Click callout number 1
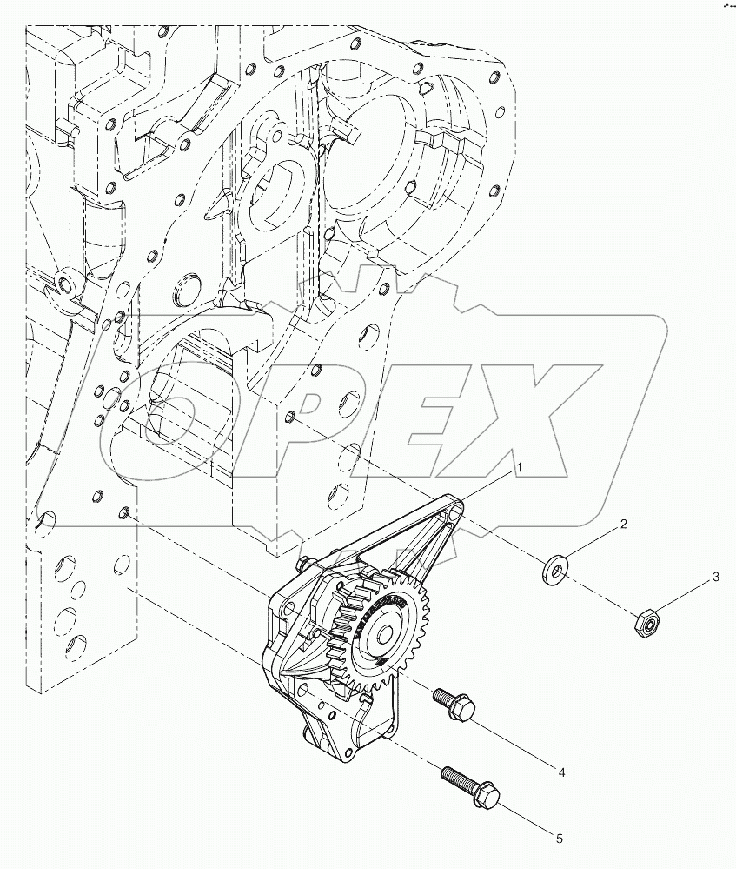click(x=520, y=467)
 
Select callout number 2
click(x=623, y=525)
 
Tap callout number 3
click(x=715, y=576)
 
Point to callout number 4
click(x=562, y=772)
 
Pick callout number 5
click(x=560, y=839)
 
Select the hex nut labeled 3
click(x=645, y=621)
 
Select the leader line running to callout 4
click(x=514, y=739)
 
